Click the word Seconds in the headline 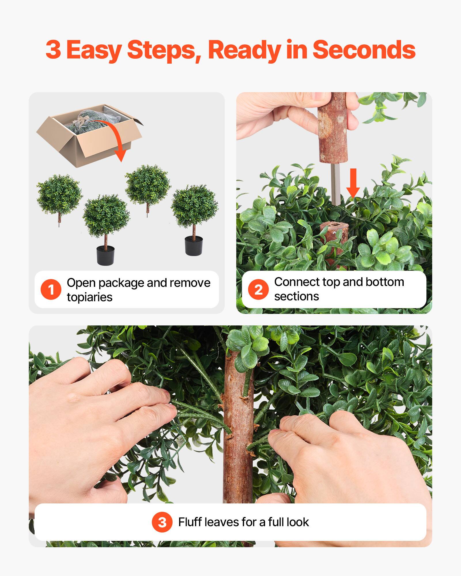click(x=364, y=50)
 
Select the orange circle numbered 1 click(x=51, y=289)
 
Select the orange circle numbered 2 click(x=258, y=289)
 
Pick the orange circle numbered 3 click(x=162, y=522)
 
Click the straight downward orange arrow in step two click(x=353, y=183)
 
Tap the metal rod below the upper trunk click(x=336, y=184)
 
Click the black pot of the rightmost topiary click(x=194, y=246)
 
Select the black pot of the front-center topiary click(x=105, y=255)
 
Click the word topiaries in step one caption click(x=90, y=297)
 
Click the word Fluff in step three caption click(x=190, y=522)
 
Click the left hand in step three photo click(x=95, y=418)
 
